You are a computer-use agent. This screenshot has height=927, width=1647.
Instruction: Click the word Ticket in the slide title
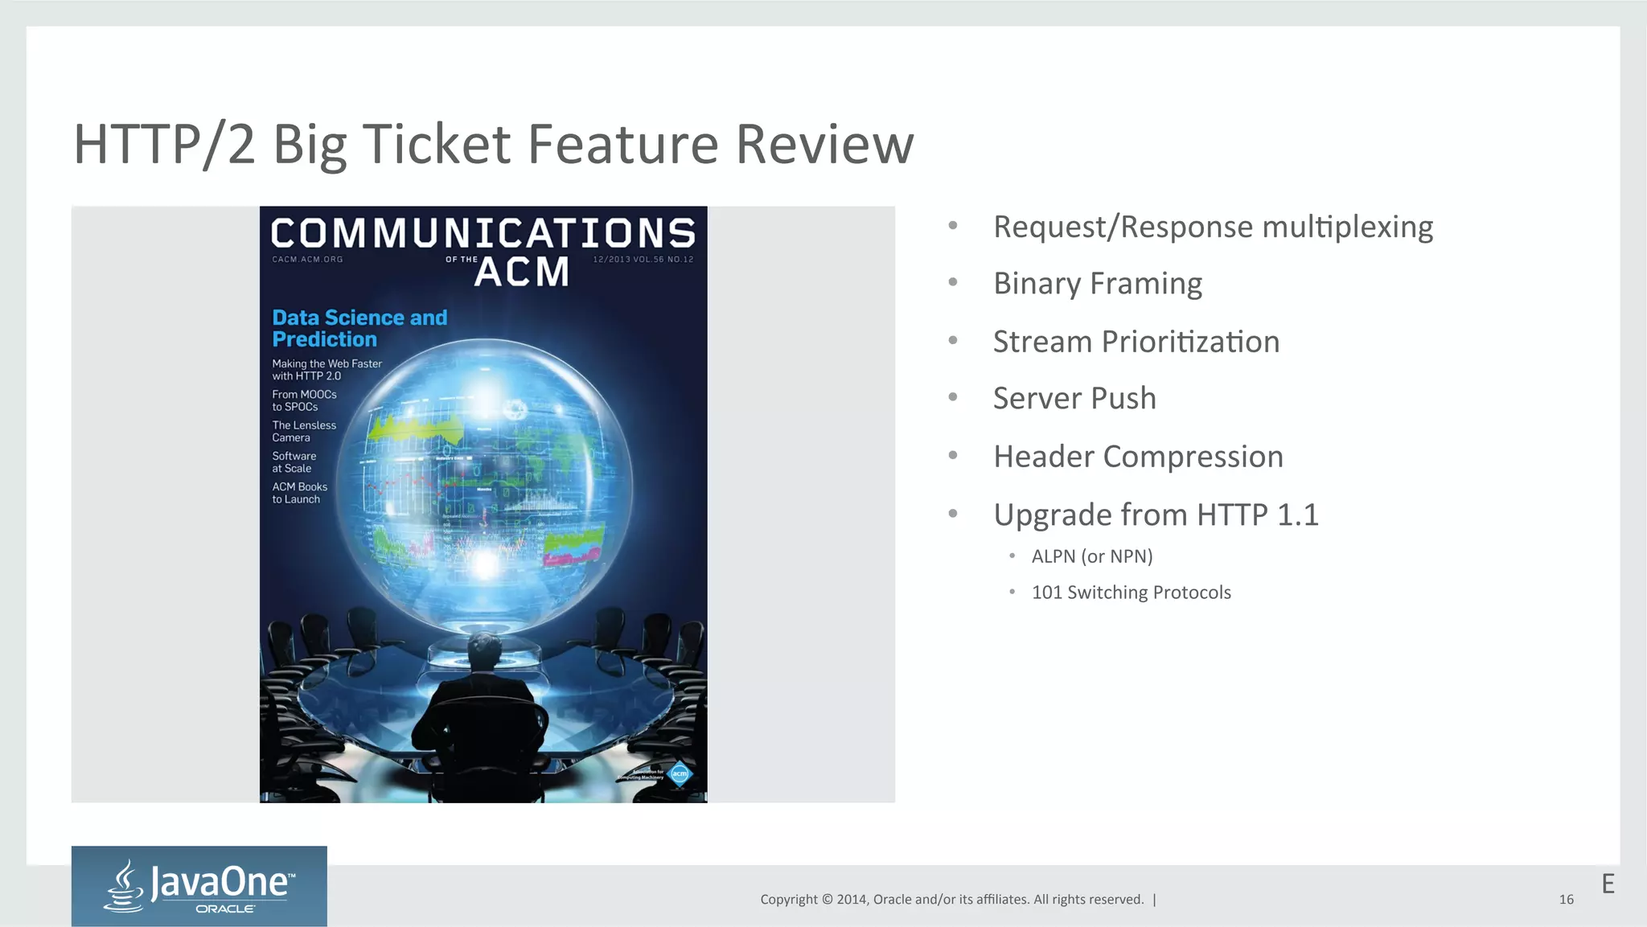437,145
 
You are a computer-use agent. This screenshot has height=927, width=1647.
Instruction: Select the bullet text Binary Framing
1098,284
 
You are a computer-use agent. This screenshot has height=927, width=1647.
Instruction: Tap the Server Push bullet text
1074,399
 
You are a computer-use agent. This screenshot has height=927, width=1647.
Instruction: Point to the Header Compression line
1138,457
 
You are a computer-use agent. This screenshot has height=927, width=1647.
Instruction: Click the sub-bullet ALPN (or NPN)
1092,556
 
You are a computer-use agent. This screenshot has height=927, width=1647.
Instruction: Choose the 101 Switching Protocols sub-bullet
1131,593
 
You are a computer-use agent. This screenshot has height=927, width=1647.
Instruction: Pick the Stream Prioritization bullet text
1136,342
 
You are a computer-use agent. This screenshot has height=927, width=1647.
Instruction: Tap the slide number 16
1566,900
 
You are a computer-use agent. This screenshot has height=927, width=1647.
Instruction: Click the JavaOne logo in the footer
199,885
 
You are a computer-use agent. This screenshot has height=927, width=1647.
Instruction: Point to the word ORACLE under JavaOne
225,909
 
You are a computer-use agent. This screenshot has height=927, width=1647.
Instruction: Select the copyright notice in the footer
952,900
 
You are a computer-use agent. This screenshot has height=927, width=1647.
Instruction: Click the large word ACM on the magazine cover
522,272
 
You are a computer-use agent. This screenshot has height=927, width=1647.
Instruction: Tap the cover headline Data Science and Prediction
359,328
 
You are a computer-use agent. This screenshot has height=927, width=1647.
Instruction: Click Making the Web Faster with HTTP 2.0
327,370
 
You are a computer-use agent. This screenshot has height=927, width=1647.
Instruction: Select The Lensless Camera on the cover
304,432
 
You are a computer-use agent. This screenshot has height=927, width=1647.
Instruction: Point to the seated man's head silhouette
485,647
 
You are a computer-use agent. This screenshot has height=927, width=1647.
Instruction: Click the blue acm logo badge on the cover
680,773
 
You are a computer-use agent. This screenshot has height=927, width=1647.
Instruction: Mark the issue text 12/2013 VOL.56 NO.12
643,260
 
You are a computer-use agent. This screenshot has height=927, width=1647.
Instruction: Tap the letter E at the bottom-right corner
1608,884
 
